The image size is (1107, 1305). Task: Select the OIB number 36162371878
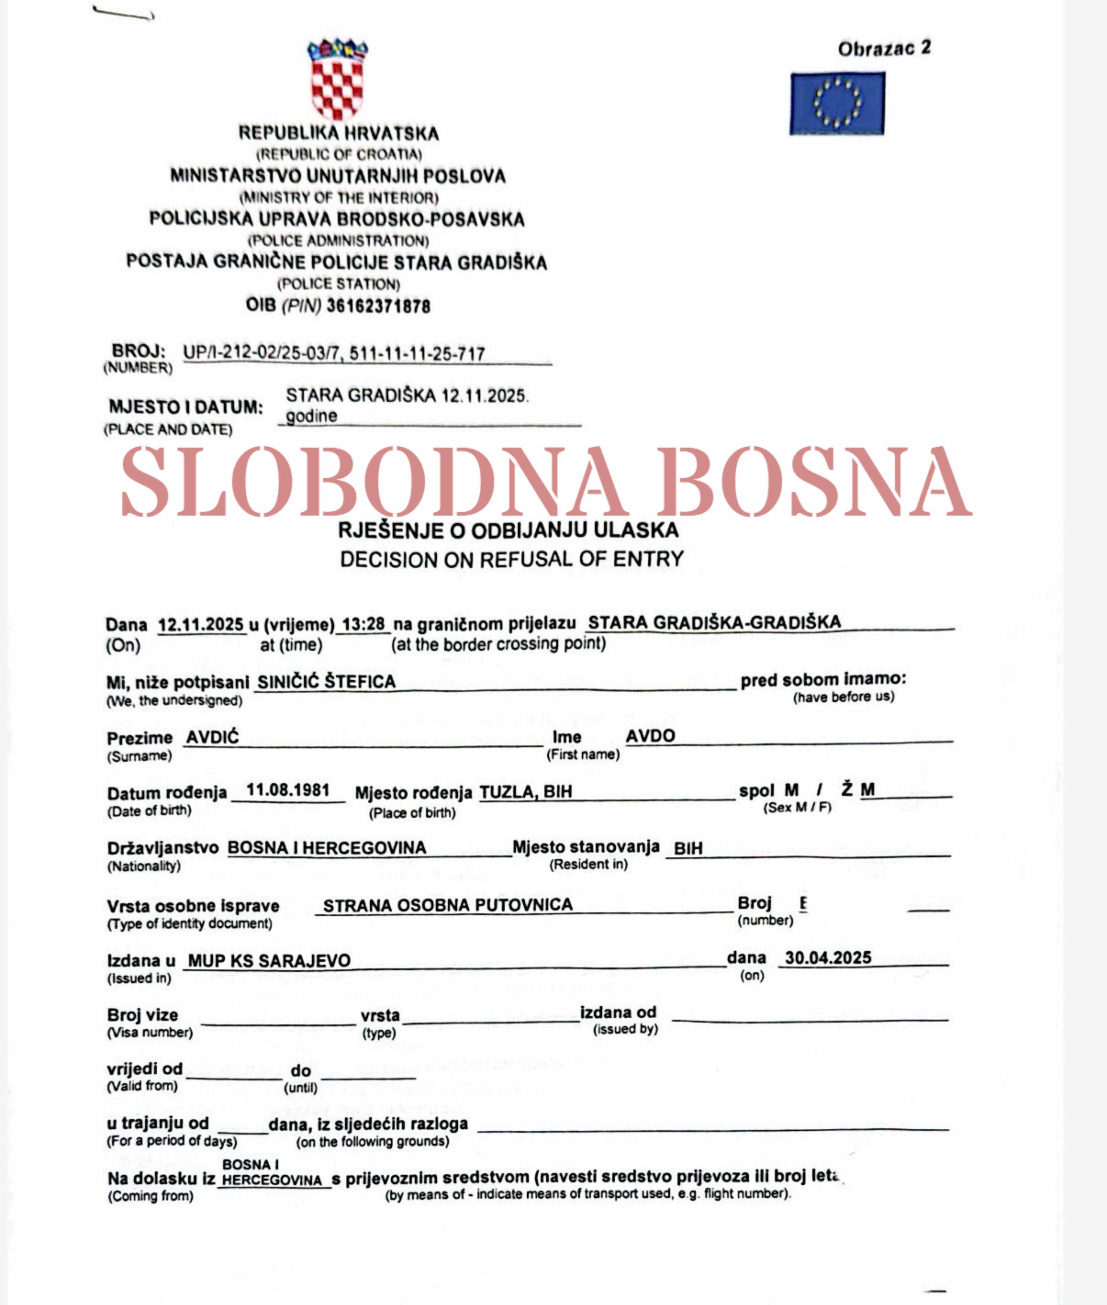[x=378, y=306]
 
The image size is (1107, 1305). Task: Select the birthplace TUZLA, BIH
[x=526, y=792]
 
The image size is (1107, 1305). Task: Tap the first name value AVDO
[x=650, y=736]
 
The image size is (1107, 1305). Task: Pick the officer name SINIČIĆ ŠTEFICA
[x=326, y=682]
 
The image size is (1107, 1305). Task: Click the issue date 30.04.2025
[x=828, y=957]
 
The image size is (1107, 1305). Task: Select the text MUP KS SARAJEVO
[x=269, y=961]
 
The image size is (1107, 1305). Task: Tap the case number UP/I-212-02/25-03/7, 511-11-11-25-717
[x=334, y=353]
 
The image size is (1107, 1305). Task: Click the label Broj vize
[x=142, y=1015]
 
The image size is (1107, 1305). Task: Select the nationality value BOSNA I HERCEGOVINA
[x=326, y=848]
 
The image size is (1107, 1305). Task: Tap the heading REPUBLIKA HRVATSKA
[x=338, y=133]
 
